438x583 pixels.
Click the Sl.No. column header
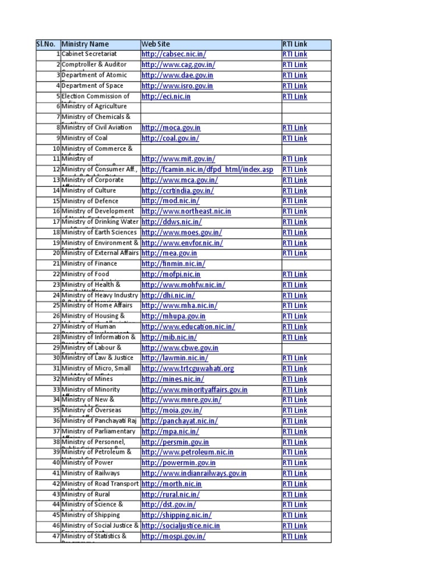click(x=48, y=44)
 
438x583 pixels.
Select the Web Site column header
click(x=156, y=44)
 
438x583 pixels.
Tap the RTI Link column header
click(x=295, y=44)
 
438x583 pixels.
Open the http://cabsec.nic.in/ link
click(x=174, y=54)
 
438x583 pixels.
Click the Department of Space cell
click(x=92, y=86)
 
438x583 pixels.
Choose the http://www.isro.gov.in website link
click(x=177, y=86)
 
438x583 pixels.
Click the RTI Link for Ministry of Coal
click(x=295, y=138)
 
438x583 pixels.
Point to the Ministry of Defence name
click(x=90, y=201)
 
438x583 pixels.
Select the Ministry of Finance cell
click(x=90, y=264)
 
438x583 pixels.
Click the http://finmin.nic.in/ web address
click(x=173, y=264)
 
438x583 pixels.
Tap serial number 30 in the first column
click(x=56, y=358)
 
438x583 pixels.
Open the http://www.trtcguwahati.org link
click(x=188, y=368)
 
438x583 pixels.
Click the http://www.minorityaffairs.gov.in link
click(x=194, y=389)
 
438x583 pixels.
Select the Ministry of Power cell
click(x=87, y=463)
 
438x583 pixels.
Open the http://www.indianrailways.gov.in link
click(x=194, y=473)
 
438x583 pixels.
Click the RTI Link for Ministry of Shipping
click(x=295, y=515)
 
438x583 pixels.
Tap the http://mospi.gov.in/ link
click(x=173, y=536)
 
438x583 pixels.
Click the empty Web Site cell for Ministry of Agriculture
click(x=211, y=106)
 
